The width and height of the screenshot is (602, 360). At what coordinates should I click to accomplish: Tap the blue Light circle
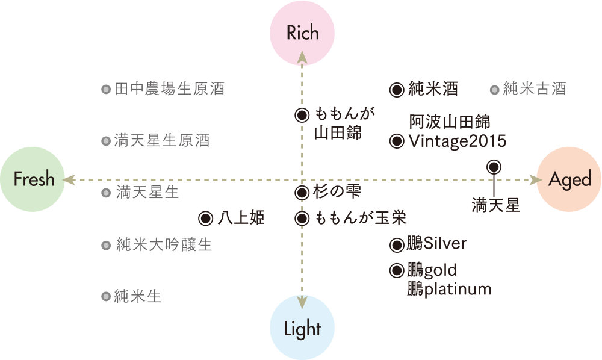click(x=302, y=328)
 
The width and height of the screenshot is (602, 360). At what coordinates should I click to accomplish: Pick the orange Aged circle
click(x=569, y=179)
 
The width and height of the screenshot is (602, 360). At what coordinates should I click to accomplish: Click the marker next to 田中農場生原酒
click(x=105, y=90)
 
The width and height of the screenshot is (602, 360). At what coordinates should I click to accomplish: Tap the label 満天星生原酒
click(x=162, y=141)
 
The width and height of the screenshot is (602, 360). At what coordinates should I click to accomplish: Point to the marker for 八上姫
click(x=205, y=218)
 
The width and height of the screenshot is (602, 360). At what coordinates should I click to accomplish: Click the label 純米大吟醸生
click(x=164, y=245)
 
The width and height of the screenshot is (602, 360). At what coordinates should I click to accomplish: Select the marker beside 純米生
click(x=105, y=296)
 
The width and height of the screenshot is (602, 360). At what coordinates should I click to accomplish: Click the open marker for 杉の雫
click(x=302, y=193)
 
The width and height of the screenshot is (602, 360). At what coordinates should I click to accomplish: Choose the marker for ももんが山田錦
click(x=302, y=115)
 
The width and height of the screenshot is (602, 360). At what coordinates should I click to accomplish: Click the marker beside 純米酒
click(x=396, y=90)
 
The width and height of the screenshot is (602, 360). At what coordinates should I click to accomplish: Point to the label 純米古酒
click(x=534, y=90)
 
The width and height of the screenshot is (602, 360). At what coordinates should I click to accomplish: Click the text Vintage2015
click(x=458, y=141)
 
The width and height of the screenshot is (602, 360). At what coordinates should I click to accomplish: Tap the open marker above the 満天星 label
click(x=494, y=166)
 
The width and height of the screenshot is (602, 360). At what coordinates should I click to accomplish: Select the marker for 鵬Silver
click(x=396, y=245)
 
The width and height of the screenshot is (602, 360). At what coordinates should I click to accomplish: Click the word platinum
click(x=458, y=290)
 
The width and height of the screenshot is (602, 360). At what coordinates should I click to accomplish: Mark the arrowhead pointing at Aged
click(x=533, y=179)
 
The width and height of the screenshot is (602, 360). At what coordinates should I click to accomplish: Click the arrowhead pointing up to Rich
click(x=302, y=57)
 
